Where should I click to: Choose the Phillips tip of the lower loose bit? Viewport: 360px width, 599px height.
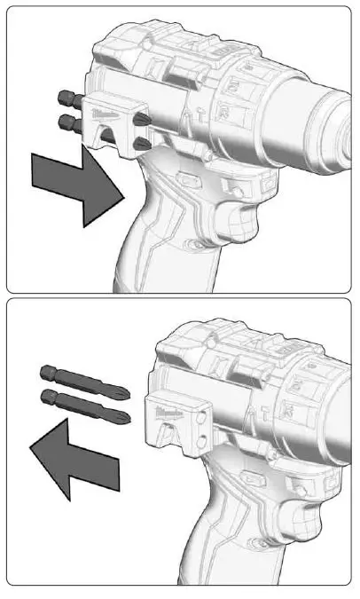point(126,414)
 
